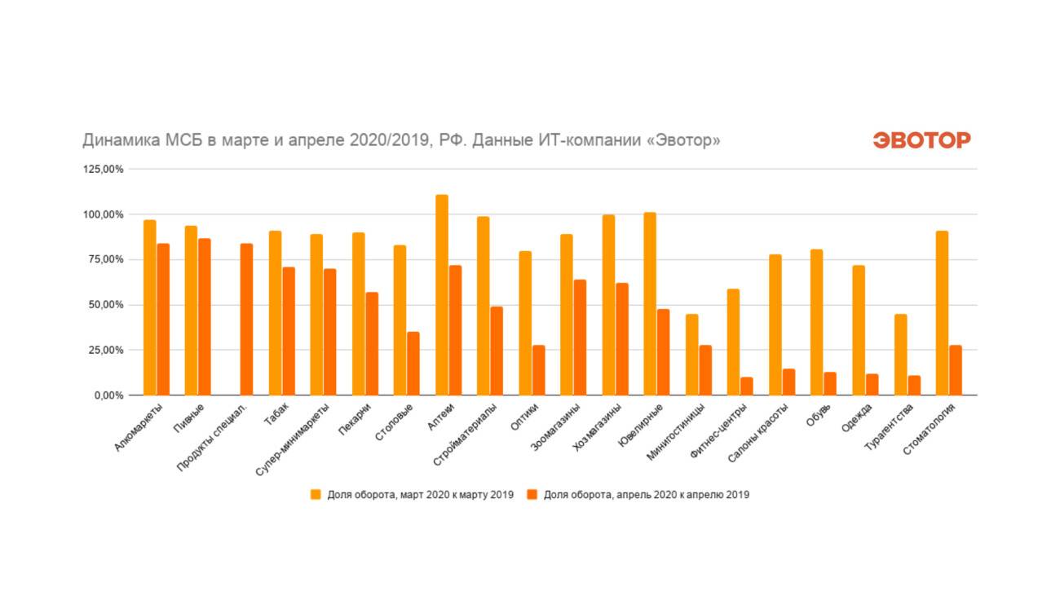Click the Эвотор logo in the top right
point(921,140)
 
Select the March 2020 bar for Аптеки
point(442,295)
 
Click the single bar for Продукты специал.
point(246,320)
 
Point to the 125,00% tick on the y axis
point(103,170)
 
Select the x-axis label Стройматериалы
point(465,434)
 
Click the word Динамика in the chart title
point(114,141)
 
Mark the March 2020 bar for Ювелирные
point(650,304)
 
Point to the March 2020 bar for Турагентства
point(901,355)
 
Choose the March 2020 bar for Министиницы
point(692,355)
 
